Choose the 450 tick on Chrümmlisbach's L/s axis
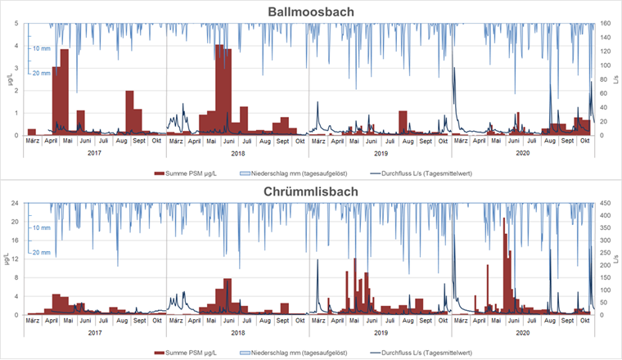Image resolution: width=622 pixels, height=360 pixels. click(x=606, y=203)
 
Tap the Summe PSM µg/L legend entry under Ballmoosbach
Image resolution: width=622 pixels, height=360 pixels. click(x=190, y=173)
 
